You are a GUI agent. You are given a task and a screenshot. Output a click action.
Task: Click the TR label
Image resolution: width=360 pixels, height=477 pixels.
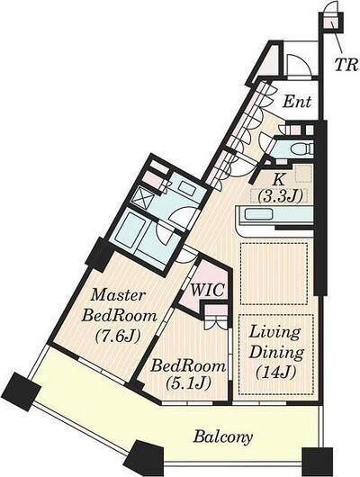coord(346,64)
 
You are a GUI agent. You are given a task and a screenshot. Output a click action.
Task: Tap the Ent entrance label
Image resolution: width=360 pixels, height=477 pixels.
coord(297,102)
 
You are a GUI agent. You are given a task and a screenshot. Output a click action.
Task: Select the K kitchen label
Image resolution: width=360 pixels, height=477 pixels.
coord(278,180)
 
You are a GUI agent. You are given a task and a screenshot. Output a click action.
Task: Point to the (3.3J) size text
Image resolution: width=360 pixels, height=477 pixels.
coord(280,197)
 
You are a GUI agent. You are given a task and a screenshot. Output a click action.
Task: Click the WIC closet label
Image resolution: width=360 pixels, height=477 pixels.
coord(209,290)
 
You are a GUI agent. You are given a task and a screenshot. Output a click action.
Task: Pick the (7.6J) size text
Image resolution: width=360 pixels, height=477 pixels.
coord(118,336)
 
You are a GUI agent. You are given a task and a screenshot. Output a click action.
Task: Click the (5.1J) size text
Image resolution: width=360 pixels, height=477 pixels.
coord(188,384)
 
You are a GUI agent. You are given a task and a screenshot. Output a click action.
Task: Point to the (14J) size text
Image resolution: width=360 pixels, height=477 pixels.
coord(276,373)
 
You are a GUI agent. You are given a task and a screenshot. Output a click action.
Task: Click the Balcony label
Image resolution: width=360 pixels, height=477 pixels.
coord(223,437)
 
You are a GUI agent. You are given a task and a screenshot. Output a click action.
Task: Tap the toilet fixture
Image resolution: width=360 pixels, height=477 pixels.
coord(301,149)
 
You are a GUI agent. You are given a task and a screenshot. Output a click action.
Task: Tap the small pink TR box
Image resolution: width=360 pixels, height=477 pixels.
coord(329,22)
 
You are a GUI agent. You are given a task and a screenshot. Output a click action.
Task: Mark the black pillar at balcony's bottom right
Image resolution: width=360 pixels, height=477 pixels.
coord(317,462)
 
